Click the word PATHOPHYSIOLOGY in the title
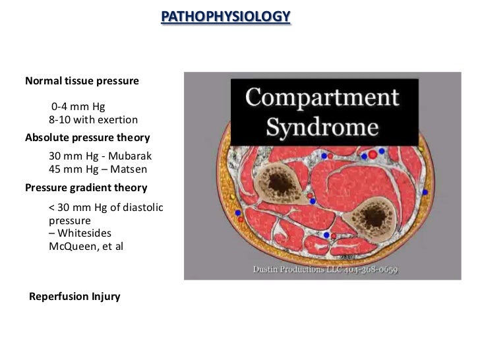[x=225, y=16]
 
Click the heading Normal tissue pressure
[x=82, y=82]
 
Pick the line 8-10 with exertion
[x=93, y=120]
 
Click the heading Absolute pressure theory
[x=87, y=138]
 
